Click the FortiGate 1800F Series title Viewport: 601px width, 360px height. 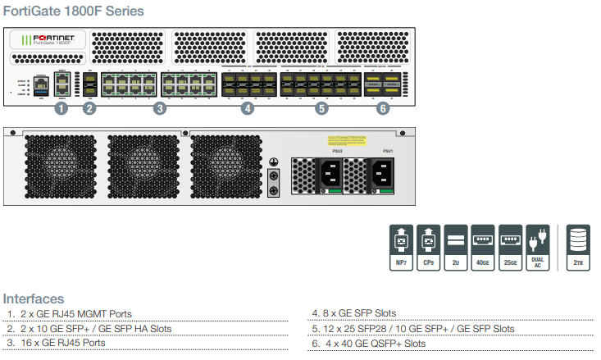tap(74, 11)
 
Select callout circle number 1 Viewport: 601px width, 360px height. tap(60, 108)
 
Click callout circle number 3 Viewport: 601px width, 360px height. tap(160, 108)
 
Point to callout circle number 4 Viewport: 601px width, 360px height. tap(248, 108)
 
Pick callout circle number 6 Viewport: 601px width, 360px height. tap(383, 108)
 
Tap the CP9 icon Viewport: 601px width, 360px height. tap(428, 247)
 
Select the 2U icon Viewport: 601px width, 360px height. tap(456, 247)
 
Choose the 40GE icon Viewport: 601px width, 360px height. tap(484, 247)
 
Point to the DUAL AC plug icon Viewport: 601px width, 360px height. tap(539, 247)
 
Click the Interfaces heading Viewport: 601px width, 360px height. tap(34, 298)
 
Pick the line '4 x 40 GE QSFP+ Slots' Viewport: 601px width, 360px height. tap(369, 344)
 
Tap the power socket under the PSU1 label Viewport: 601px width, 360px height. tap(385, 173)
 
